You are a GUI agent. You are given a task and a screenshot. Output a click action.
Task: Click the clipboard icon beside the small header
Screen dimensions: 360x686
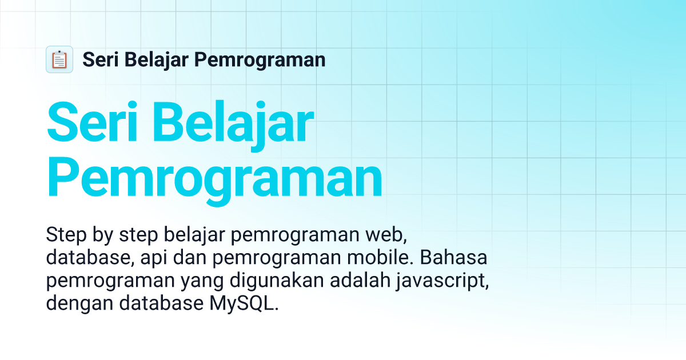point(59,59)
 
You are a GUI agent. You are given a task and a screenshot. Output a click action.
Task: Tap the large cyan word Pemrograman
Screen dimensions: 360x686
point(214,178)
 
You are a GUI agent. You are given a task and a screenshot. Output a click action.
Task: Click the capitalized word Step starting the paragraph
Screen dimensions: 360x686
point(64,235)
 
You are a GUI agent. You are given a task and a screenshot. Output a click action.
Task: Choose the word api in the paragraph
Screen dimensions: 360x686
point(155,258)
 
